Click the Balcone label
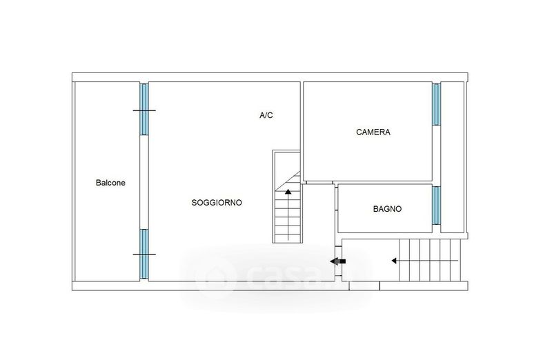pyautogui.click(x=110, y=183)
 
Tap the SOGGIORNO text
pyautogui.click(x=217, y=203)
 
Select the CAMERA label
pyautogui.click(x=373, y=132)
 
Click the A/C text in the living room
pyautogui.click(x=266, y=115)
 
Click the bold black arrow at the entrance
pyautogui.click(x=337, y=261)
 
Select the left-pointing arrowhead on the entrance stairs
pyautogui.click(x=393, y=261)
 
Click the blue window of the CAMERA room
pyautogui.click(x=436, y=104)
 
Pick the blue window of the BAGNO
pyautogui.click(x=436, y=205)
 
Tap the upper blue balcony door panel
pyautogui.click(x=144, y=109)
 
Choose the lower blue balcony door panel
pyautogui.click(x=144, y=253)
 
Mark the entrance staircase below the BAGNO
pyautogui.click(x=428, y=261)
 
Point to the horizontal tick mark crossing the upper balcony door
pyautogui.click(x=144, y=110)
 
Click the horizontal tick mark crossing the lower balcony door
pyautogui.click(x=144, y=254)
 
